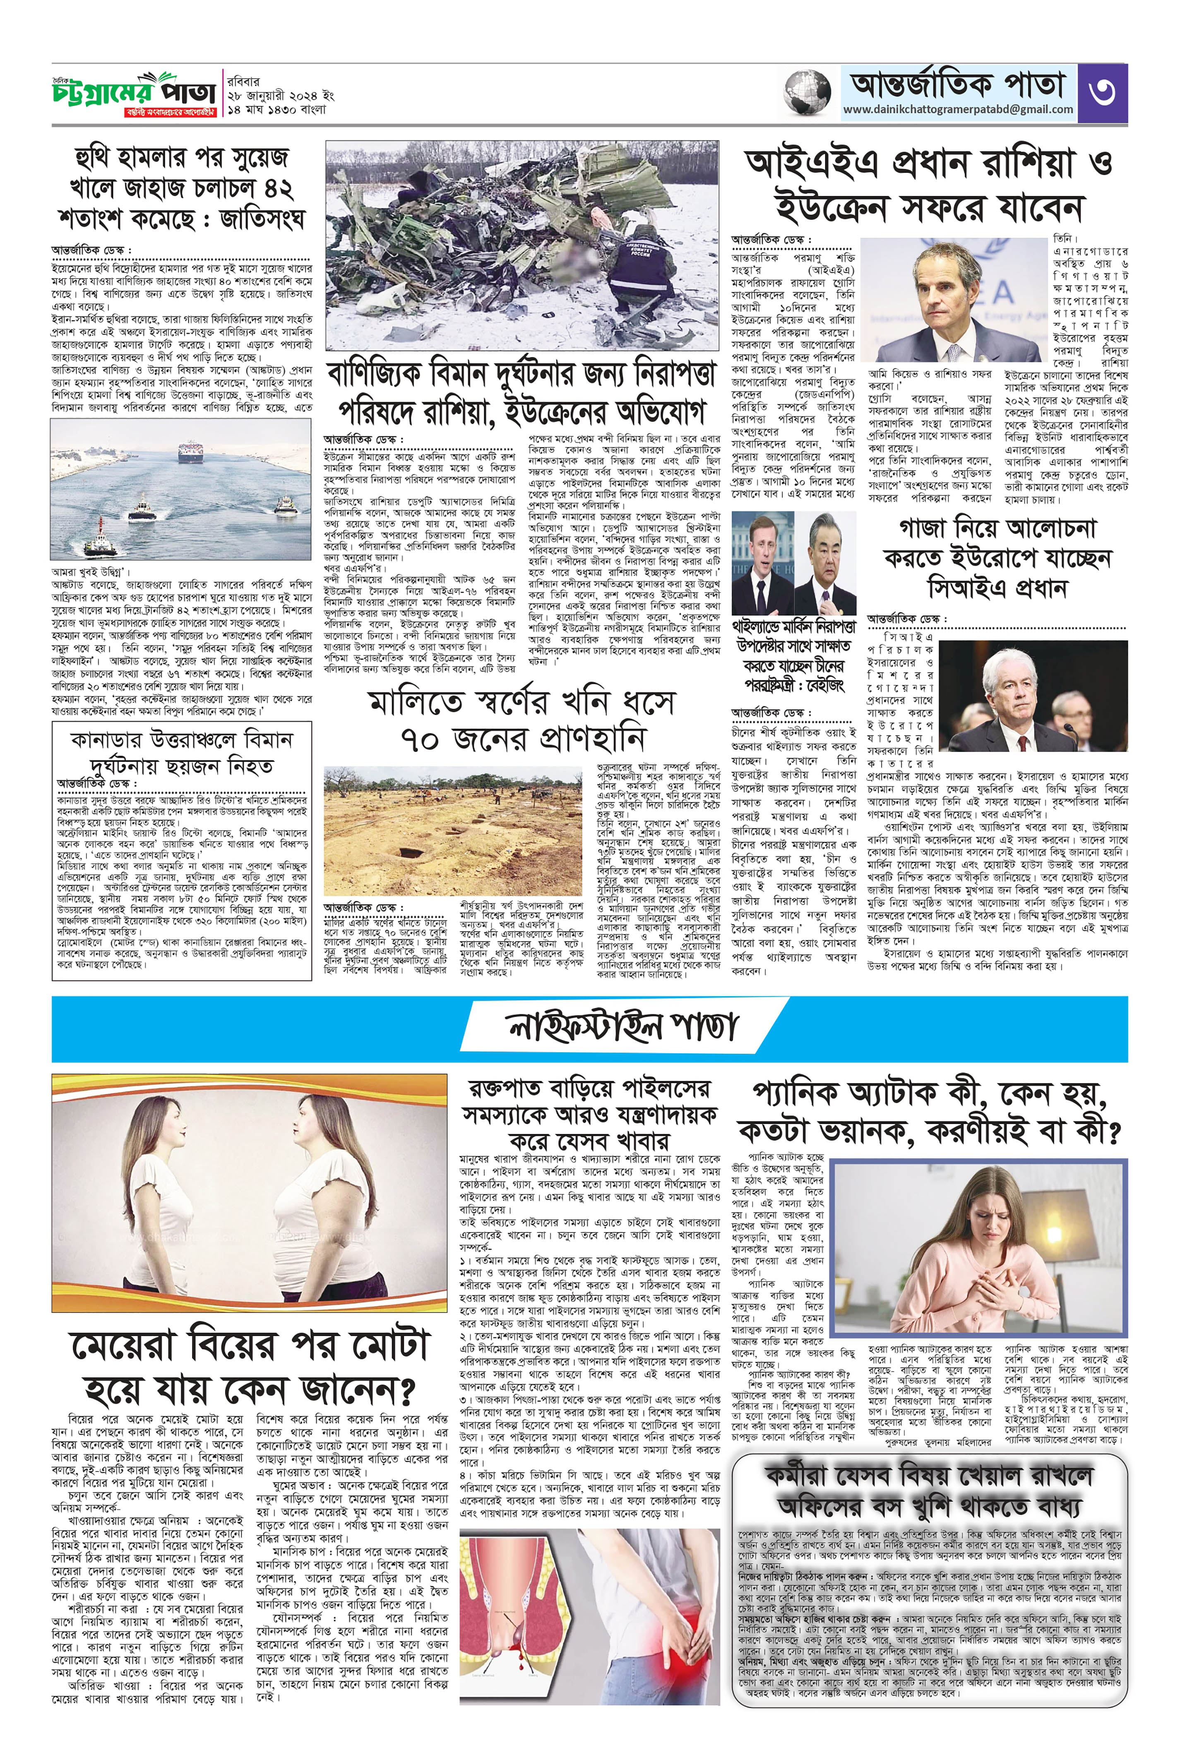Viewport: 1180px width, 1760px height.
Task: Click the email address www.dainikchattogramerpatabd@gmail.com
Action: [x=958, y=110]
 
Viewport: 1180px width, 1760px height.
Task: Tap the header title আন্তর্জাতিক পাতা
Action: [x=958, y=84]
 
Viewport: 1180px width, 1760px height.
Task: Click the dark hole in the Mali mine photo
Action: [x=412, y=854]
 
